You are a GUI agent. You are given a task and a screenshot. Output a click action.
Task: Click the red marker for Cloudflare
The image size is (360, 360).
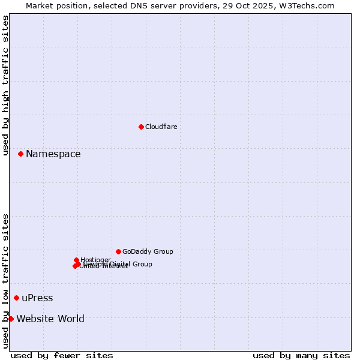point(141,127)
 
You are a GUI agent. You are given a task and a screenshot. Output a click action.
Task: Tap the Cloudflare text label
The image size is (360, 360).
point(161,127)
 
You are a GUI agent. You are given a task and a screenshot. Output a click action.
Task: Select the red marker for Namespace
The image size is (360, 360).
point(20,154)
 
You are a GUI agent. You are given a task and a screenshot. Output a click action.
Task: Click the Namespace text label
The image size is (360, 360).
point(53,154)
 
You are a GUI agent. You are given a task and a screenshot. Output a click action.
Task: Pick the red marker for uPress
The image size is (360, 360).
point(16,298)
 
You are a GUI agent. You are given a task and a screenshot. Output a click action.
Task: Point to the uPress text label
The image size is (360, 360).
point(37,298)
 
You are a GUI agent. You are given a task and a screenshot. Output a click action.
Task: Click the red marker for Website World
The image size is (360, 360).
point(11,319)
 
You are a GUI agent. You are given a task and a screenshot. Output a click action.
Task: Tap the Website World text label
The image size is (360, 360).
point(50,319)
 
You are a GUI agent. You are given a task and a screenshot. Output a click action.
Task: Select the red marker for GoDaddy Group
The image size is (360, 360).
point(118,251)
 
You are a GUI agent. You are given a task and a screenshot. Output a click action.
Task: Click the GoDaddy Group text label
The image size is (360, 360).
point(148,251)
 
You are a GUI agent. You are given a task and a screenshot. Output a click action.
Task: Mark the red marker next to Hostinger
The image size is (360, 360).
point(76,260)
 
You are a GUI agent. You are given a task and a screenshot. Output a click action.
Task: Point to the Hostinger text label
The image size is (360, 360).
point(95,260)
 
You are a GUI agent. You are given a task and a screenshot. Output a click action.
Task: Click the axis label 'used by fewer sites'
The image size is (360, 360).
point(62,355)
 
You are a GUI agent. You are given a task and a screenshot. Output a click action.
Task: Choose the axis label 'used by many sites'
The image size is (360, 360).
point(301,355)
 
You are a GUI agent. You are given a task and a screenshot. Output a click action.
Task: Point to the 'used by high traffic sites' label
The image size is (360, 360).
point(5,85)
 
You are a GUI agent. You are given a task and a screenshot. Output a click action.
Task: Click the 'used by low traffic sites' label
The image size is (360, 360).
point(5,281)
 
